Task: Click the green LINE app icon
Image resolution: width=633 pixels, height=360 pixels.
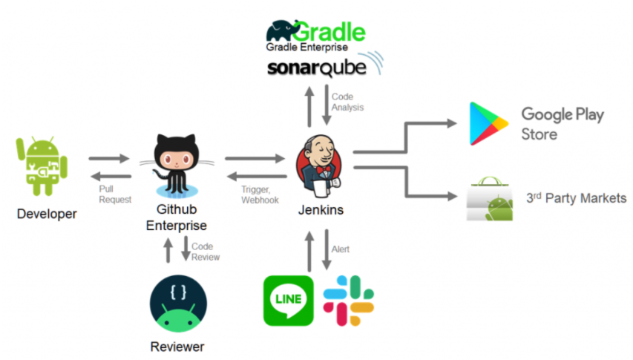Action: tap(287, 300)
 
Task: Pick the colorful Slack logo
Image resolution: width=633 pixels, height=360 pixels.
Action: tap(349, 300)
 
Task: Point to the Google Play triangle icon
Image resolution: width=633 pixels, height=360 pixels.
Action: tap(488, 124)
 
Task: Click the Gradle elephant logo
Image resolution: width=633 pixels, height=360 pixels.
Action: tap(283, 30)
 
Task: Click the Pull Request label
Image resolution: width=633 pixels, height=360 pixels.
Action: tap(115, 194)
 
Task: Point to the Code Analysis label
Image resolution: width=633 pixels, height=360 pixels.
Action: tap(347, 102)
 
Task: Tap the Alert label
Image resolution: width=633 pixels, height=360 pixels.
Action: tap(341, 249)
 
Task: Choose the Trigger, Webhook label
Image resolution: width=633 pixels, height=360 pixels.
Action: tap(260, 195)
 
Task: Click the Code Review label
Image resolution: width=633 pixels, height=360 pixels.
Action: tap(205, 252)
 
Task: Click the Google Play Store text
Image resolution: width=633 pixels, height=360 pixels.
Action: tap(562, 124)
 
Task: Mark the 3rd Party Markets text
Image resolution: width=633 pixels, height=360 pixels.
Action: tap(576, 198)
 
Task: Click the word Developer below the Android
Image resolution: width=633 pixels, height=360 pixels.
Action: tap(47, 215)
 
